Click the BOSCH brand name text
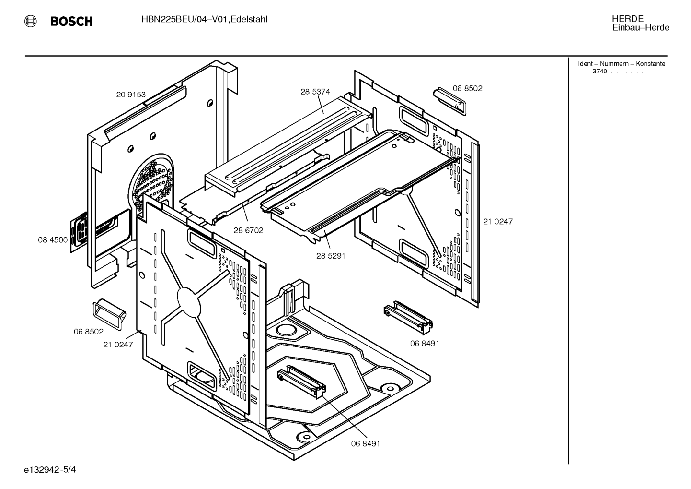pyautogui.click(x=71, y=21)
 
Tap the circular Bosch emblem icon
pyautogui.click(x=30, y=21)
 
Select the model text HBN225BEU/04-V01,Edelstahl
pyautogui.click(x=204, y=20)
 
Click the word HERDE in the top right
pyautogui.click(x=627, y=19)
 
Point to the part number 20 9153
pyautogui.click(x=131, y=95)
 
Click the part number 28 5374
pyautogui.click(x=315, y=92)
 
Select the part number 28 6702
pyautogui.click(x=248, y=230)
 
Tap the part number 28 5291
pyautogui.click(x=331, y=256)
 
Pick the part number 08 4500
pyautogui.click(x=53, y=240)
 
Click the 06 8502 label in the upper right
pyautogui.click(x=467, y=89)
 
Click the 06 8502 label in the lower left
pyautogui.click(x=89, y=332)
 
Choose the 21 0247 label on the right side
pyautogui.click(x=498, y=222)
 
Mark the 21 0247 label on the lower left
pyautogui.click(x=118, y=345)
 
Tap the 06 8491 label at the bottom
pyautogui.click(x=366, y=443)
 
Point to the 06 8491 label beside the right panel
pyautogui.click(x=425, y=343)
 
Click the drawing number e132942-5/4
pyautogui.click(x=50, y=470)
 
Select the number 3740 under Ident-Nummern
pyautogui.click(x=599, y=72)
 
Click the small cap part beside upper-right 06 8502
pyautogui.click(x=449, y=101)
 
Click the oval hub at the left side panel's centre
pyautogui.click(x=189, y=302)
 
